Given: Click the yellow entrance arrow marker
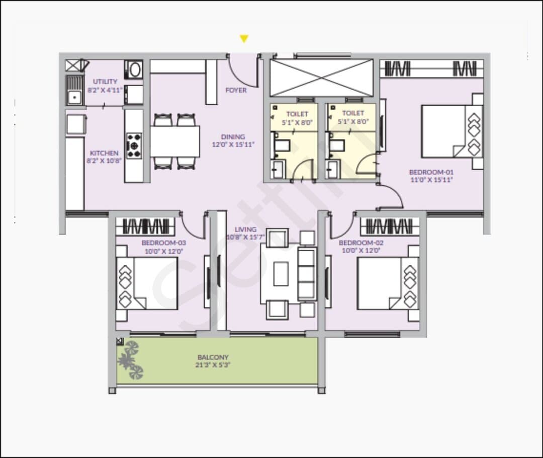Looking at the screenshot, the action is [x=244, y=38].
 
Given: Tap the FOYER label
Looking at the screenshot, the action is [x=236, y=90].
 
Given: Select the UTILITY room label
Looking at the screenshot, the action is [x=105, y=82].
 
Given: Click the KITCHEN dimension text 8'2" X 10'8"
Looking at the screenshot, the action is [x=104, y=161].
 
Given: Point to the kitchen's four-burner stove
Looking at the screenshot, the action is [x=134, y=146].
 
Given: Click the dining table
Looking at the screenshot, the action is [x=175, y=141].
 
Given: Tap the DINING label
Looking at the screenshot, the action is [x=233, y=137].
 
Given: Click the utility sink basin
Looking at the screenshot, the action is [x=74, y=98].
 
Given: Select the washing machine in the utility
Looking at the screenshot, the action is [x=134, y=69].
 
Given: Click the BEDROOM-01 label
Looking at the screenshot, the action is [x=431, y=172].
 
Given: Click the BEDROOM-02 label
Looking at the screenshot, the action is [x=361, y=243].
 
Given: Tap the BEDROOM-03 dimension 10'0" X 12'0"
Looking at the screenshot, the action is [x=163, y=251].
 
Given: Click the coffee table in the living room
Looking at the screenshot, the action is [x=281, y=274].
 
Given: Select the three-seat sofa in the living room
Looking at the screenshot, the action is [x=307, y=274].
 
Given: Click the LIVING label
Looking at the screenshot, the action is [x=245, y=230].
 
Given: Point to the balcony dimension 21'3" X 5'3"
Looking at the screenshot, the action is [x=213, y=365].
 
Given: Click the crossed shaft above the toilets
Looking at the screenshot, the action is [x=322, y=78].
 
